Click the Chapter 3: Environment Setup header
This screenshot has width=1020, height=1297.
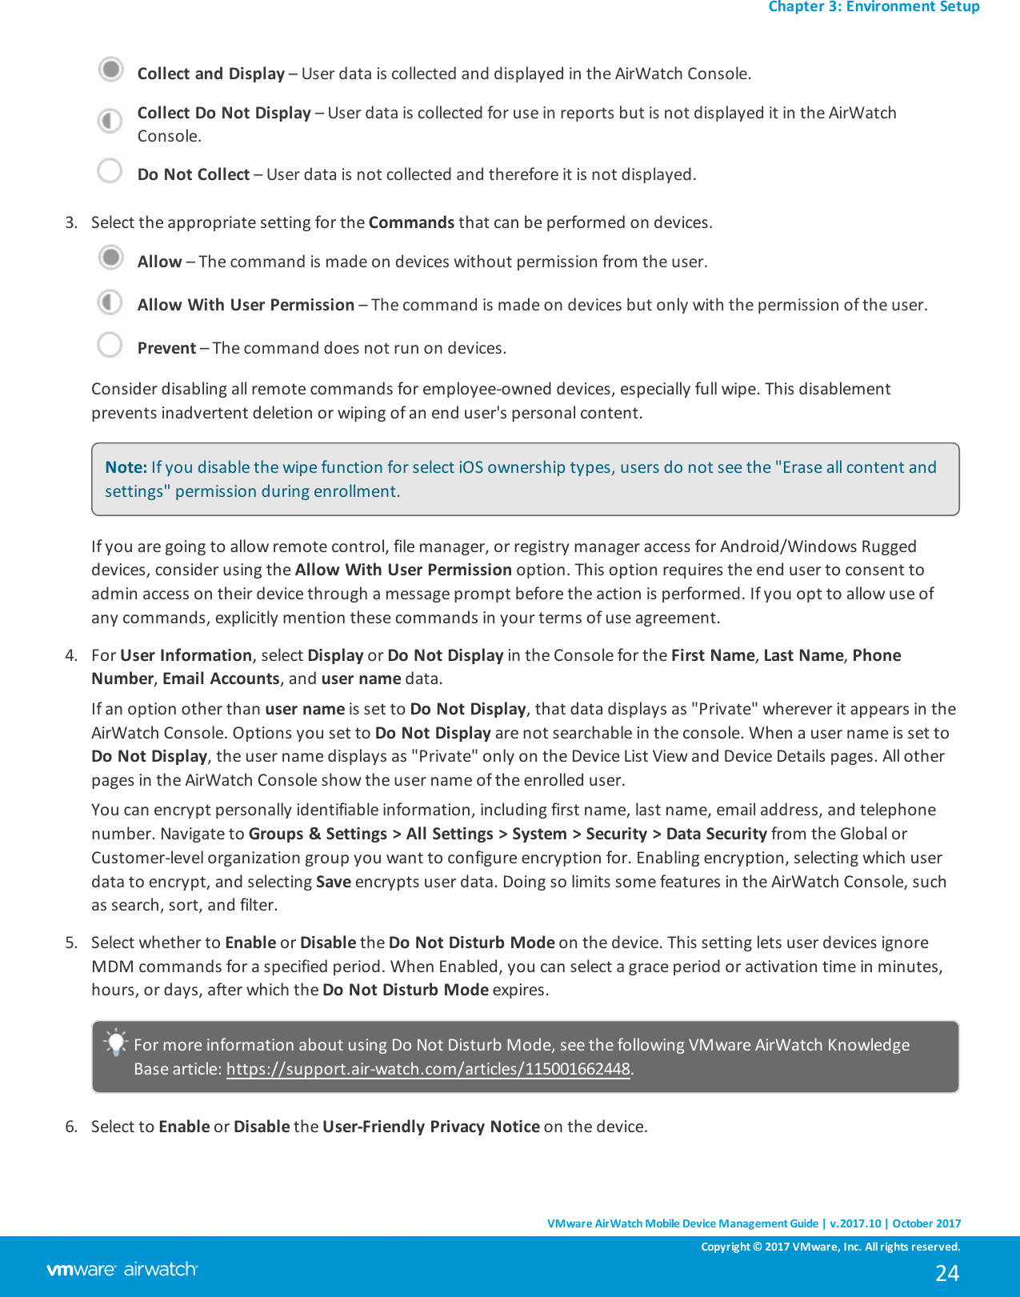874,7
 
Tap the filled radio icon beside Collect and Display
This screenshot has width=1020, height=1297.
111,70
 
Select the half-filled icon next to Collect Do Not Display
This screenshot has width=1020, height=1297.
110,121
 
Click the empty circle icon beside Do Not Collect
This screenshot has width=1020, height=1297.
110,170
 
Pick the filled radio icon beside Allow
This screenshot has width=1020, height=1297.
111,258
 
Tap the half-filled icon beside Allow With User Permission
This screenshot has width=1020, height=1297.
110,302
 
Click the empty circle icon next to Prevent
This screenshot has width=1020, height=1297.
110,345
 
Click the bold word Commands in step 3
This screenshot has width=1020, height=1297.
411,222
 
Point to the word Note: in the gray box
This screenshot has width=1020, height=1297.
126,467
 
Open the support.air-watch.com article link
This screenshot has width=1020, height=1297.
428,1069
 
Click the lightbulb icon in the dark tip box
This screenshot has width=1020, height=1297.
116,1043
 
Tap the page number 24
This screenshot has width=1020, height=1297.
947,1273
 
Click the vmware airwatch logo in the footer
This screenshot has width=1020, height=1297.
122,1270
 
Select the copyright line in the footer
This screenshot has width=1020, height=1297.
830,1247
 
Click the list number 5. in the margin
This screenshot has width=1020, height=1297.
71,943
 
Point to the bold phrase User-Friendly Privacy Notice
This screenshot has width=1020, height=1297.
430,1127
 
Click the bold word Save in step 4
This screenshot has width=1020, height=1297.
334,882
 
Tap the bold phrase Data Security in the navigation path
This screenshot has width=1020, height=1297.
716,834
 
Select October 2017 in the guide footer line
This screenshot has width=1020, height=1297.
926,1223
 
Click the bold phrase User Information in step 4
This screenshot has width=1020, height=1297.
186,655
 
